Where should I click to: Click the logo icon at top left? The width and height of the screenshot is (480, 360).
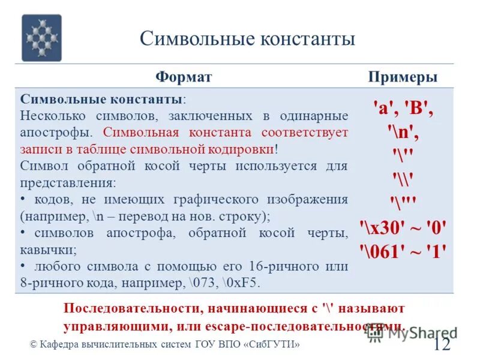[41, 38]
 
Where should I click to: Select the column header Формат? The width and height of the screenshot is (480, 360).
[184, 77]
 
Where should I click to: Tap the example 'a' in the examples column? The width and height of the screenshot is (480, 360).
[384, 109]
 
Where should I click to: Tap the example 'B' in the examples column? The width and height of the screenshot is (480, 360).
[419, 109]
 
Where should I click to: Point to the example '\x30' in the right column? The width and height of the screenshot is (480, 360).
[382, 227]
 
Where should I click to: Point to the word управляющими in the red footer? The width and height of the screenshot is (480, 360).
[102, 326]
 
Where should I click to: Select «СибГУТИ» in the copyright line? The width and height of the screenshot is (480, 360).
[272, 344]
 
